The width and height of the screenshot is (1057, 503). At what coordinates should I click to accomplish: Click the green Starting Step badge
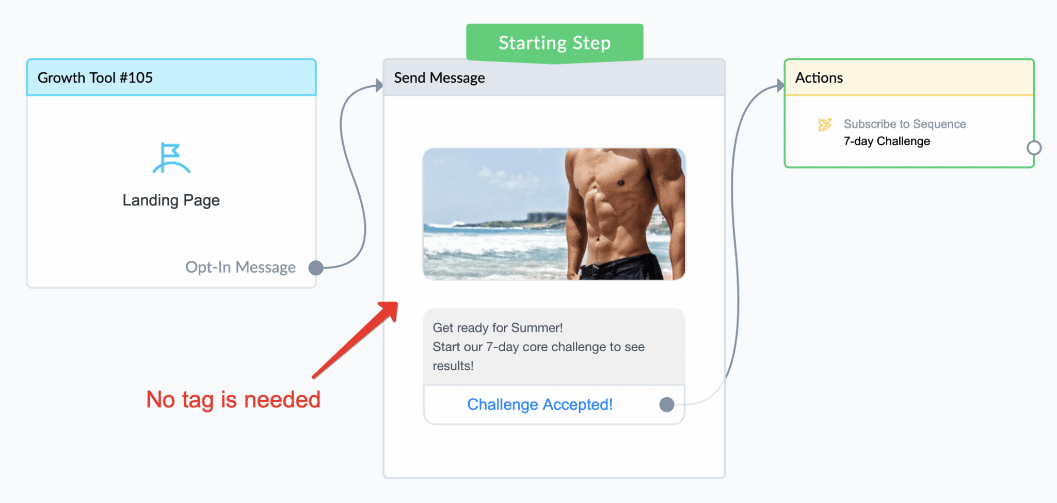(x=554, y=43)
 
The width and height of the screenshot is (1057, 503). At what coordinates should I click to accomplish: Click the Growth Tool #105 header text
(x=95, y=77)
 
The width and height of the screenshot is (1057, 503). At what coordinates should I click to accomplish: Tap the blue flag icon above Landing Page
(x=171, y=158)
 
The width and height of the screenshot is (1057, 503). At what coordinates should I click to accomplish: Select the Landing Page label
(x=171, y=200)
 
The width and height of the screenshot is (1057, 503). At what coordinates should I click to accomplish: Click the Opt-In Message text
(x=241, y=268)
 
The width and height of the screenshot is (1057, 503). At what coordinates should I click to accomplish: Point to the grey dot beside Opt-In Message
(x=316, y=268)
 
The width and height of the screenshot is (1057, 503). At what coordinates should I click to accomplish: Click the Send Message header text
(x=439, y=77)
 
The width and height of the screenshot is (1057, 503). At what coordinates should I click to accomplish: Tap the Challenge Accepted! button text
(x=540, y=404)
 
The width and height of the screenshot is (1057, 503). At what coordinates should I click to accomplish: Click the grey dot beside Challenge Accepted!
(x=667, y=404)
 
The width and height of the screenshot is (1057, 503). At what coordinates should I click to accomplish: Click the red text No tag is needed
(x=233, y=400)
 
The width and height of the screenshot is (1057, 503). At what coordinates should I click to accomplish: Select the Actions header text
(x=819, y=77)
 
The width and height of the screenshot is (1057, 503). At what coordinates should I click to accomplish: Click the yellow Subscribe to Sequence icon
(x=825, y=124)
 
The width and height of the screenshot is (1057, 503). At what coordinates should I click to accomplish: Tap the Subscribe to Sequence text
(x=905, y=124)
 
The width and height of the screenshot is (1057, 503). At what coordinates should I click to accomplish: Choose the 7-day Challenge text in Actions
(x=887, y=141)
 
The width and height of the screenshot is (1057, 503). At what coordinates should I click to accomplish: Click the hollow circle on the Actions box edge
(x=1034, y=148)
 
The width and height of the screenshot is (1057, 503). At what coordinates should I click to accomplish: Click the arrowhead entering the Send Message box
(x=379, y=85)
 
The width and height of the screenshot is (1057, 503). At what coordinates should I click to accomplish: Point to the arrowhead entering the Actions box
(x=780, y=85)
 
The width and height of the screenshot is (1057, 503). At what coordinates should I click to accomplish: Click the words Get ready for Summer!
(x=498, y=328)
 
